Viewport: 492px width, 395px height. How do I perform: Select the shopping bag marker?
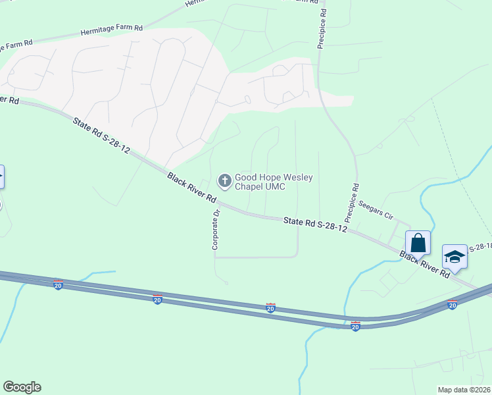pyautogui.click(x=418, y=244)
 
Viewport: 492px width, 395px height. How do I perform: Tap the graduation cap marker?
pyautogui.click(x=455, y=256)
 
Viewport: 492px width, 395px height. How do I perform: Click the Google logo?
pyautogui.click(x=22, y=387)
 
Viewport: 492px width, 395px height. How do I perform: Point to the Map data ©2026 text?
pyautogui.click(x=464, y=390)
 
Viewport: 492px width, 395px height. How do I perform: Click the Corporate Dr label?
pyautogui.click(x=215, y=230)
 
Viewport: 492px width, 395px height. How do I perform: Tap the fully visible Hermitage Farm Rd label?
pyautogui.click(x=111, y=30)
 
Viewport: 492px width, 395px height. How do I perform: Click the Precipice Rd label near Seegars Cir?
pyautogui.click(x=349, y=202)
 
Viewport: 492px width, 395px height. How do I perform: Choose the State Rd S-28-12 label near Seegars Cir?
pyautogui.click(x=315, y=224)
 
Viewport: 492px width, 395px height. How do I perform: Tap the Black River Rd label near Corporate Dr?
pyautogui.click(x=191, y=188)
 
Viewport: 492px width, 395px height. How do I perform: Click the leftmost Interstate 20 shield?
pyautogui.click(x=58, y=284)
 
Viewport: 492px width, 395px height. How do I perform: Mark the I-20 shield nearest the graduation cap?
pyautogui.click(x=452, y=305)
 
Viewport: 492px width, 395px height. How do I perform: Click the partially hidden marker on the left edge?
pyautogui.click(x=1, y=178)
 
